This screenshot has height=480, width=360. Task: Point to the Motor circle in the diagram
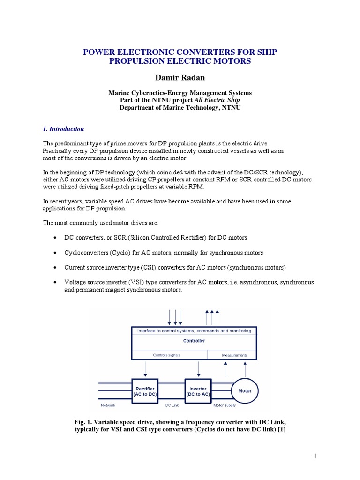(x=245, y=390)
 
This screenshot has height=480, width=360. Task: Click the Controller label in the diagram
(x=194, y=341)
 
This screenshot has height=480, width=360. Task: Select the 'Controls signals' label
(x=167, y=355)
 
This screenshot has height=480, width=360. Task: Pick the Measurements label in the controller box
(x=234, y=355)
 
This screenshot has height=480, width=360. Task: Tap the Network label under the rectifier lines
(x=108, y=405)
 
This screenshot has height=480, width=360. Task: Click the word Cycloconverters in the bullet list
(x=86, y=253)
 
